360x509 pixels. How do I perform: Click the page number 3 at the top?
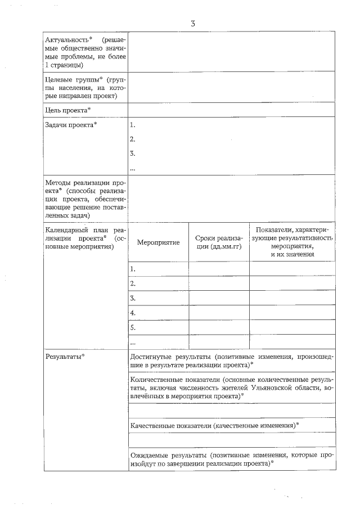(192, 23)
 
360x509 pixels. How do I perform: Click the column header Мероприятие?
(158, 242)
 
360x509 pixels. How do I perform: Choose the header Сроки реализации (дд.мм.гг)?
(218, 242)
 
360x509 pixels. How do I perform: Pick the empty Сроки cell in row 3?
(218, 298)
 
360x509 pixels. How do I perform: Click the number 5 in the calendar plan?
(133, 327)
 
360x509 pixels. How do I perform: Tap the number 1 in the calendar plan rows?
(133, 269)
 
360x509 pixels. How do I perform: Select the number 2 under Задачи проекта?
(132, 139)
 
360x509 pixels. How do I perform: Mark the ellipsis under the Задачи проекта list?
(133, 168)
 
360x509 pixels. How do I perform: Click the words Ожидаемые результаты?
(166, 454)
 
